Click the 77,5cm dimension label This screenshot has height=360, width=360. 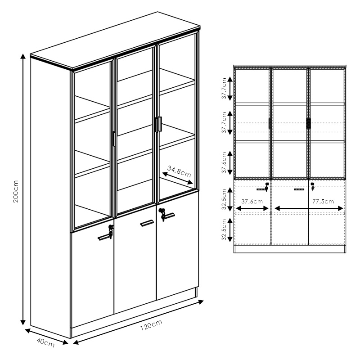323,201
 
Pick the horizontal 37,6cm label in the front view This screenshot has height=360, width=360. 252,201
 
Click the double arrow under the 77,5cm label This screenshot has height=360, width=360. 309,208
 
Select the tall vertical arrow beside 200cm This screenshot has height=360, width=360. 23,189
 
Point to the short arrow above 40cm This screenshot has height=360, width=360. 47,336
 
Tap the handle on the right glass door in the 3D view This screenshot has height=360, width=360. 158,124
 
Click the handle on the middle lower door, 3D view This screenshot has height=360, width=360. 147,223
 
